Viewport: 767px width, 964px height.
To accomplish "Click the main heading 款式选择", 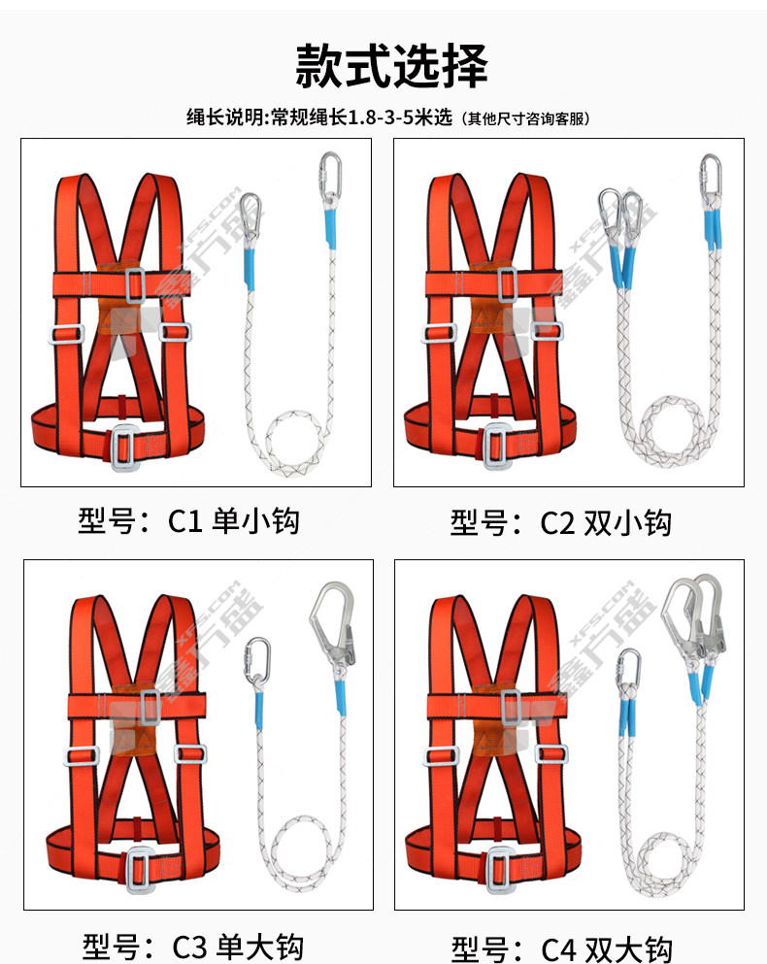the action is click(x=391, y=65).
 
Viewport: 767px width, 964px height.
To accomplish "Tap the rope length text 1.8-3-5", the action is click(x=381, y=116).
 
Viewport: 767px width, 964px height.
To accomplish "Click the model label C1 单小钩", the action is click(x=234, y=521).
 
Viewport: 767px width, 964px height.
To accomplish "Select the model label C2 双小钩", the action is click(x=606, y=523).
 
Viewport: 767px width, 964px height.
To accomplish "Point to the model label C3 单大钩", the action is click(x=238, y=947).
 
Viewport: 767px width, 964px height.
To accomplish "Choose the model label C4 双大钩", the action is click(x=607, y=949).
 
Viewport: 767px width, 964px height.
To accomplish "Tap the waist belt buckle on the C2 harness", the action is click(x=498, y=447).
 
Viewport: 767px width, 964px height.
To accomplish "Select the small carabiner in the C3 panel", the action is click(x=257, y=662).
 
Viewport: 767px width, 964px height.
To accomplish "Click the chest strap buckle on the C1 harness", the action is click(x=135, y=285).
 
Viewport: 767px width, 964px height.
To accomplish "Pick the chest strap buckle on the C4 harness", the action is click(x=511, y=708).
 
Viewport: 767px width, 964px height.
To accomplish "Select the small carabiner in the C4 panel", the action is click(x=628, y=670).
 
